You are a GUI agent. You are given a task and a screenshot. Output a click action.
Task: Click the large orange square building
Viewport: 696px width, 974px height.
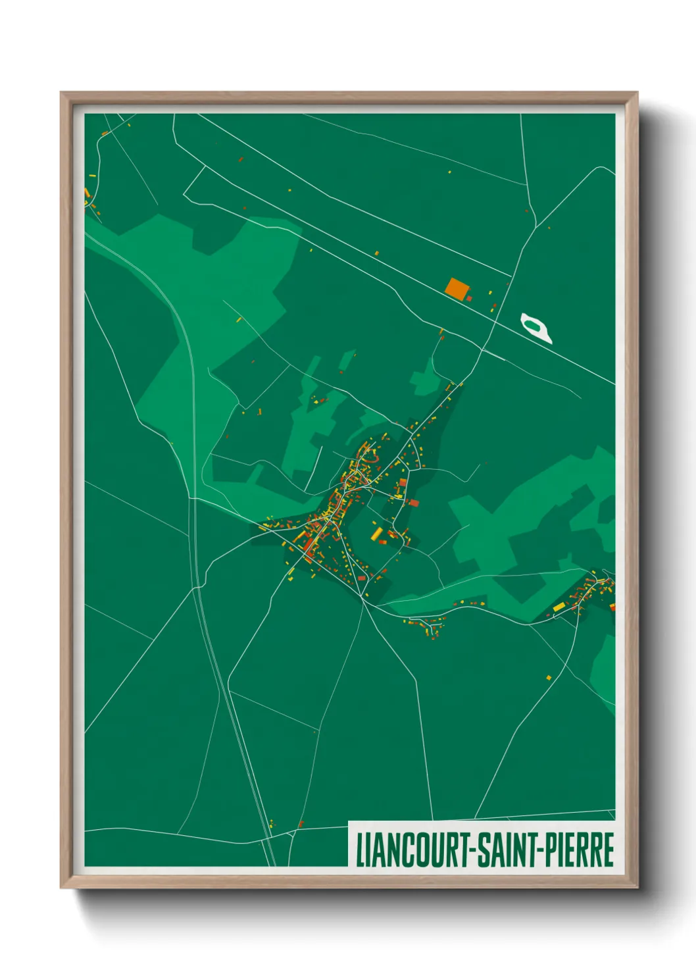457,288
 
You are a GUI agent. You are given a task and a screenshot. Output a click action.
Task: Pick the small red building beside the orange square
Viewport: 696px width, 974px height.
470,298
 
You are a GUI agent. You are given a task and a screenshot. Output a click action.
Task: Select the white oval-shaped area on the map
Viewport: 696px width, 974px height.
535,328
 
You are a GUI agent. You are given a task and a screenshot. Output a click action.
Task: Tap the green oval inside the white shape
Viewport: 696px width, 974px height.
534,324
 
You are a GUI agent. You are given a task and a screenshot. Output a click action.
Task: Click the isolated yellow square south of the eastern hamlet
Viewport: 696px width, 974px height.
549,677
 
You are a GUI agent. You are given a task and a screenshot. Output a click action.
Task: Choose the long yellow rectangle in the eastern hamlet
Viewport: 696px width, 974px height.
559,607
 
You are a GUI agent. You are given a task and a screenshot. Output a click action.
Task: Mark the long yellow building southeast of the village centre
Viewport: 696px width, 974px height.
377,533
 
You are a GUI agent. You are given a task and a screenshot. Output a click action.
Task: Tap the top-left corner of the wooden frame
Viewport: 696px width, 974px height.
61,93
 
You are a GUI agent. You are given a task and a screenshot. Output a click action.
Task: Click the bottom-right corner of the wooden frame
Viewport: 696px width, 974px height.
637,888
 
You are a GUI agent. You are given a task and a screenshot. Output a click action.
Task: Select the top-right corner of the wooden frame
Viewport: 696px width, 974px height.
637,93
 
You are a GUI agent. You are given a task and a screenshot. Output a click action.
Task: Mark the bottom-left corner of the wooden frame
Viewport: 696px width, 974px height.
61,888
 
